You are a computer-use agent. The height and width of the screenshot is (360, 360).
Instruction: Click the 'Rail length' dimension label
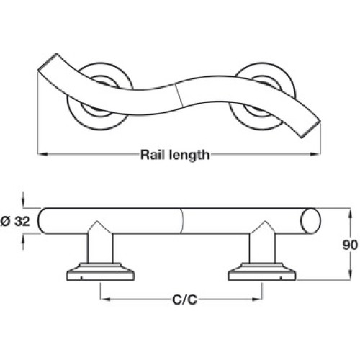175,155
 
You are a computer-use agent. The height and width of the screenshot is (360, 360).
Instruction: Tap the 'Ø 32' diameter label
15,221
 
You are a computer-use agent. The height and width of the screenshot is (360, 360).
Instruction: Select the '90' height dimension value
350,245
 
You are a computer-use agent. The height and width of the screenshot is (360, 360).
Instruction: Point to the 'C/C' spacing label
184,300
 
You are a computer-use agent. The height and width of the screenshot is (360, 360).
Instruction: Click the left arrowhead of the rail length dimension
42,154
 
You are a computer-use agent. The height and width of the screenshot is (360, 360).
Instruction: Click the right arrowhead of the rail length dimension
315,154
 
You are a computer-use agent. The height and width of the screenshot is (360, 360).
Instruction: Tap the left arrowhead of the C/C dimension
105,300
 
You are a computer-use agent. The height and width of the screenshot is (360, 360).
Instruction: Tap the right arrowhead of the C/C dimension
257,300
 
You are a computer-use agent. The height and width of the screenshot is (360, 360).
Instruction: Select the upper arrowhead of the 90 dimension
350,213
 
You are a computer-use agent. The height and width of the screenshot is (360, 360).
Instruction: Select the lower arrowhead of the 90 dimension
350,274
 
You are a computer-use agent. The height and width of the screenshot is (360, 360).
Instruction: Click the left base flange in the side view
100,272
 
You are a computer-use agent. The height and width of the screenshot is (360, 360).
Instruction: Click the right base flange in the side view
262,272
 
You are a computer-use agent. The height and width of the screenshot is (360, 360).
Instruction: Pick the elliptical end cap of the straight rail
311,221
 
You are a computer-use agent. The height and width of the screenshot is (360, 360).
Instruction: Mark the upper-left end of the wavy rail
48,62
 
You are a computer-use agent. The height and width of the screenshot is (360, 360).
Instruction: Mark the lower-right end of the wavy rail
311,130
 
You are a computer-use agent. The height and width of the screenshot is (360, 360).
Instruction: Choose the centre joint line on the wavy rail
179,95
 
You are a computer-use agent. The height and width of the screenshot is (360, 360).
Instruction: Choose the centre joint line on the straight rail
182,221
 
